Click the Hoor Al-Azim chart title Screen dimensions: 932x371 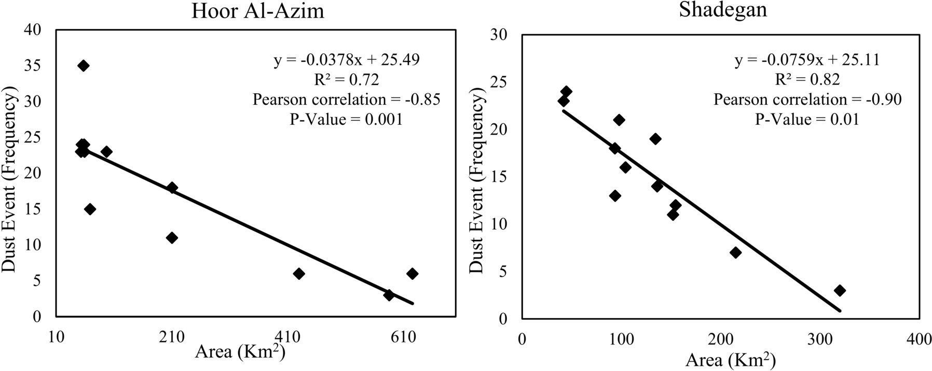coord(258,10)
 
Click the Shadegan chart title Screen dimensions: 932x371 coord(723,10)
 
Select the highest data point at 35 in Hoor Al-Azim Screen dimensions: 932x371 coord(83,66)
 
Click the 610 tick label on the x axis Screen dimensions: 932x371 coord(403,337)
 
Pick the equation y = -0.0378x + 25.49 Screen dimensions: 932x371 coord(347,60)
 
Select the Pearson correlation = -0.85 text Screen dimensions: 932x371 coord(347,99)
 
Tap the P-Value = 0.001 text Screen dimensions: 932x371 coord(346,119)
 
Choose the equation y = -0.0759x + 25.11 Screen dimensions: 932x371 coord(807,60)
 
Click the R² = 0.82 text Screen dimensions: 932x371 coord(807,79)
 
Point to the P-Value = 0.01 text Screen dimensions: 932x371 coord(807,119)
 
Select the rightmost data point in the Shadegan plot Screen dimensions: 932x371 coord(840,291)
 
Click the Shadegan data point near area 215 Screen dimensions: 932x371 coord(735,253)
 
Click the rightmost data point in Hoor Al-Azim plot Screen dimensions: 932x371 coord(413,274)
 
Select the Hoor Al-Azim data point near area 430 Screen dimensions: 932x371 coord(299,274)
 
